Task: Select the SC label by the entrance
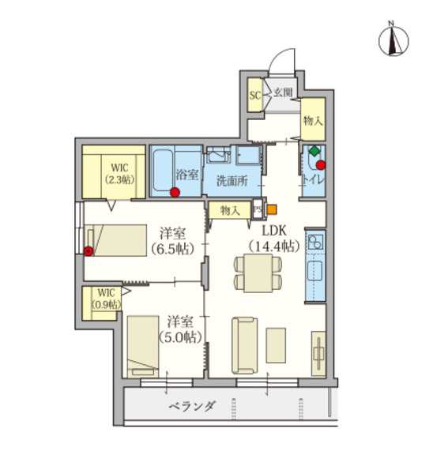point(255,96)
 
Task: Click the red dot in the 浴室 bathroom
point(175,190)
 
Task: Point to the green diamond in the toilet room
point(314,150)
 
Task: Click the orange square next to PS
point(271,210)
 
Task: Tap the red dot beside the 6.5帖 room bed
point(88,252)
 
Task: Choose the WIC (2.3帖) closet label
point(119,173)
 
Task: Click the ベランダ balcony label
point(192,407)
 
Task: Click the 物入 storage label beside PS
point(230,210)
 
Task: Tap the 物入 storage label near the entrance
point(313,120)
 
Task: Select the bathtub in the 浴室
point(168,170)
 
